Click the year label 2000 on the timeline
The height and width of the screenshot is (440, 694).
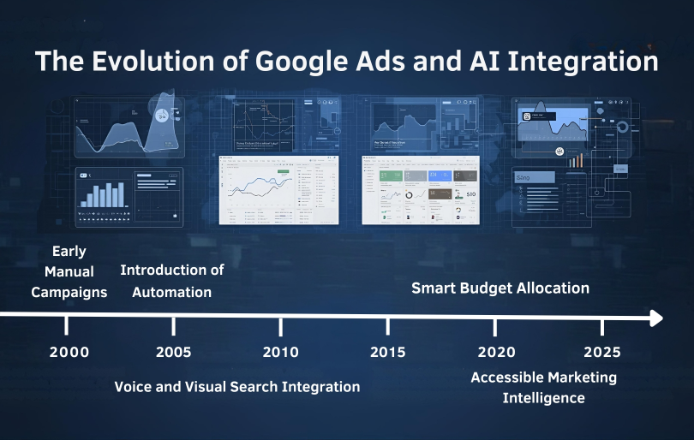click(67, 352)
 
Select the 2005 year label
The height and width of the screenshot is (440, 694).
click(174, 352)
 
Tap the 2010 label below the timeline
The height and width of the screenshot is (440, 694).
click(281, 352)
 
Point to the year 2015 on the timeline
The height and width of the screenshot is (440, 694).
click(388, 352)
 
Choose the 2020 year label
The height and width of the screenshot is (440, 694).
click(495, 352)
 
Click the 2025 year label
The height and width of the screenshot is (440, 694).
click(602, 352)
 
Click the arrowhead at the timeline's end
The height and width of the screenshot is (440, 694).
click(656, 318)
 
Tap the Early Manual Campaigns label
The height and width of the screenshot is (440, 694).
click(69, 271)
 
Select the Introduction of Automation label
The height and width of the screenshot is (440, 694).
click(172, 281)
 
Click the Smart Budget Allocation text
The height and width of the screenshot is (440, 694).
click(500, 288)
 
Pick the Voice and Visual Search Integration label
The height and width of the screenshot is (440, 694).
click(237, 387)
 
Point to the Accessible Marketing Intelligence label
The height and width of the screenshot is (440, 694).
click(543, 388)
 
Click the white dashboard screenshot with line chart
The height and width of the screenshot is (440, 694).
click(278, 189)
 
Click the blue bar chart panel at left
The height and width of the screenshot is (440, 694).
click(102, 196)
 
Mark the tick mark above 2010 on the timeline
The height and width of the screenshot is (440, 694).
click(281, 326)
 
